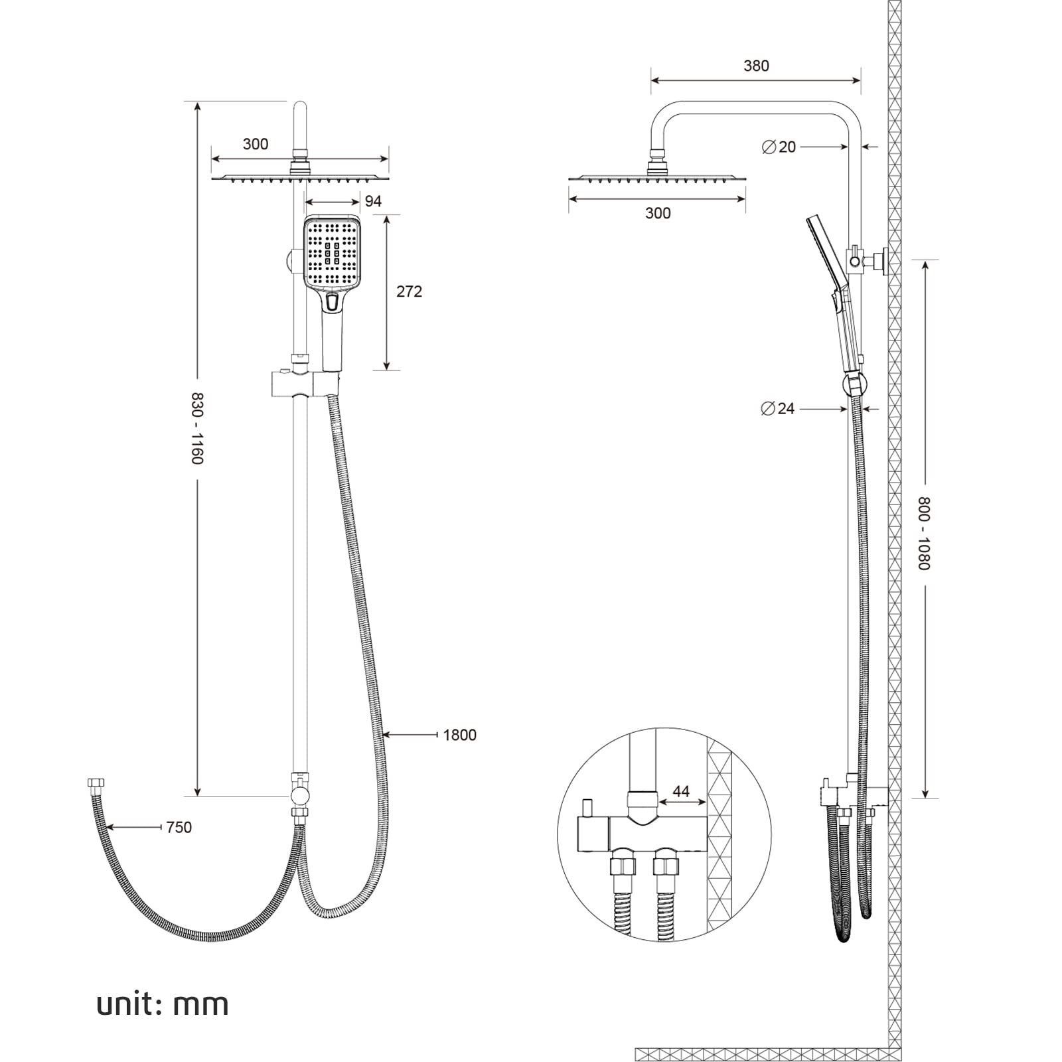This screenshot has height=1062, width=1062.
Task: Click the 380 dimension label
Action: coord(756,66)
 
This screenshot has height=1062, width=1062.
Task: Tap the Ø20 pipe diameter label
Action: coord(779,147)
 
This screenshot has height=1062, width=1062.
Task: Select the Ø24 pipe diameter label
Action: coord(778,408)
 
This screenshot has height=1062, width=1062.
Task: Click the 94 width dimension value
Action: coord(373,201)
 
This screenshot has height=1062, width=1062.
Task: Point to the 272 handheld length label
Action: coord(409,291)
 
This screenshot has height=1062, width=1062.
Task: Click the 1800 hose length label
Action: coord(459,735)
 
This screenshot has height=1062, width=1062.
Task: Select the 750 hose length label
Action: coord(179,827)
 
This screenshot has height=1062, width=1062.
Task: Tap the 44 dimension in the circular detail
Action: coord(681,791)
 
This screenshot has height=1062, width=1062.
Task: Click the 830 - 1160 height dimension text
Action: coord(197,428)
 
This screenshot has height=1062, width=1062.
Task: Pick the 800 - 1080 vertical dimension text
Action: coord(925,533)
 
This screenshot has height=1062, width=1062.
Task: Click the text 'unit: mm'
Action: coord(163,1004)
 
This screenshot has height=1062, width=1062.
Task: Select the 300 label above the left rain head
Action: coord(256,144)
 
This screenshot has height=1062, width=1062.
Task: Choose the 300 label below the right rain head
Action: coord(657,213)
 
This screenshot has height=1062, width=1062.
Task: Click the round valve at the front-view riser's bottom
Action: coord(299,794)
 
